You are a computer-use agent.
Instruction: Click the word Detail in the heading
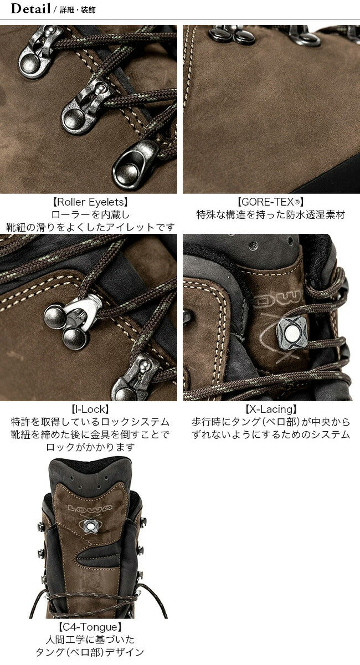30,9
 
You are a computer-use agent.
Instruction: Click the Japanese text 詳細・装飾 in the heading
78,10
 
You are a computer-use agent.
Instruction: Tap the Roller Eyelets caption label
90,202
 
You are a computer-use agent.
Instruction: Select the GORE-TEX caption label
270,202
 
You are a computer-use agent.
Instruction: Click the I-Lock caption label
90,410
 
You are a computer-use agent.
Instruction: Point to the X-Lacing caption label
271,410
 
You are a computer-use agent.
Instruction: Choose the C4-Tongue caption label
90,627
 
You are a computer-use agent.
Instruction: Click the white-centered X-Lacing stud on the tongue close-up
291,333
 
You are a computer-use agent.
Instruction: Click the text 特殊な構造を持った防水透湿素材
270,214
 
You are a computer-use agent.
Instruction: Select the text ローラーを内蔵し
90,214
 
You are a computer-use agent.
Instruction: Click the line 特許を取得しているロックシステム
90,422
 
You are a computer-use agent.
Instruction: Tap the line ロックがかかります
90,447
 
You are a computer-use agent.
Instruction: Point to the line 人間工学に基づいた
90,639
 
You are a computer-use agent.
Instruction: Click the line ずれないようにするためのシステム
271,434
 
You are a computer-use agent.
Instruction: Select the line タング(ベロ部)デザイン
90,652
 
